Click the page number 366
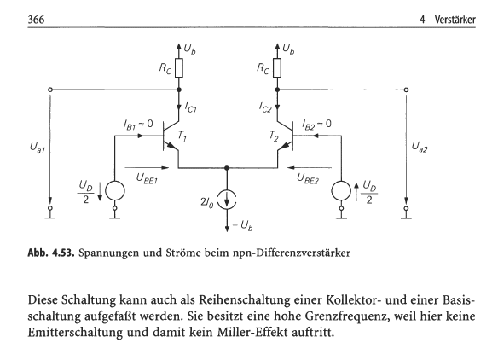tap(36, 20)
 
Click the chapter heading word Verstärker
tap(455, 20)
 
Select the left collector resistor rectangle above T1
tap(179, 67)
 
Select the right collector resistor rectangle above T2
tap(277, 67)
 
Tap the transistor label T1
tap(182, 136)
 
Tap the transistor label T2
tap(274, 136)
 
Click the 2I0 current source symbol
tap(227, 200)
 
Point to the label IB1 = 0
tap(138, 124)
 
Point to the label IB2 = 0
tap(316, 124)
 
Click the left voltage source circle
tap(115, 190)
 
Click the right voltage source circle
tap(341, 190)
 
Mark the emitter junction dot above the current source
tap(227, 167)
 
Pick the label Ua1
tap(38, 147)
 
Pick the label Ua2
tap(420, 147)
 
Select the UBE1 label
tap(147, 178)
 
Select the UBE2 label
tap(308, 178)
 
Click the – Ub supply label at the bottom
tap(243, 225)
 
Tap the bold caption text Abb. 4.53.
tap(51, 253)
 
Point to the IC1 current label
tap(191, 107)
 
